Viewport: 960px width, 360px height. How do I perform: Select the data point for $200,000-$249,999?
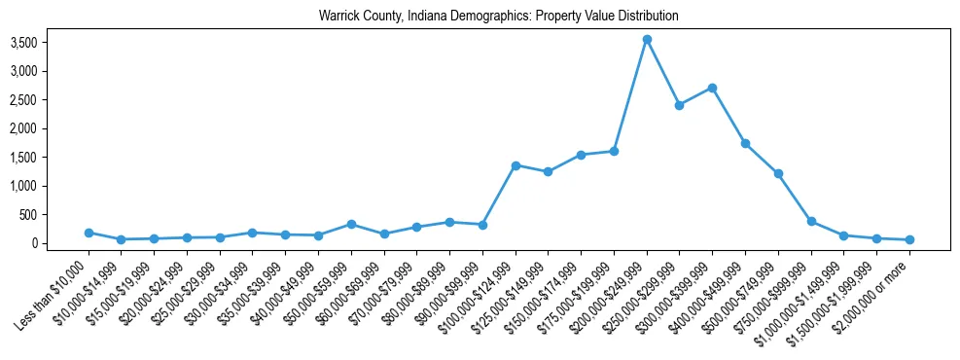click(x=647, y=39)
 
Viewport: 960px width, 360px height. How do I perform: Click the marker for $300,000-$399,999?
click(x=713, y=88)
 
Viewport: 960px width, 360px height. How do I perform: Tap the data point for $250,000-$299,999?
click(x=680, y=105)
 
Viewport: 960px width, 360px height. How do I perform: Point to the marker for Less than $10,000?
click(x=89, y=233)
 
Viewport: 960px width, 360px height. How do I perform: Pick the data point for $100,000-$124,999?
click(x=516, y=165)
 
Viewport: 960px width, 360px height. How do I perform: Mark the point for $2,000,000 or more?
click(x=909, y=239)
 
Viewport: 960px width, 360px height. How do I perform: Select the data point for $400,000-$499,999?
click(x=745, y=143)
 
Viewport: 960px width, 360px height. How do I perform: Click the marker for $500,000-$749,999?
click(x=778, y=173)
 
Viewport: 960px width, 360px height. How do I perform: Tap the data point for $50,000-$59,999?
click(x=351, y=224)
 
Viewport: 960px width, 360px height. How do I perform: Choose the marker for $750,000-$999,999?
click(x=811, y=221)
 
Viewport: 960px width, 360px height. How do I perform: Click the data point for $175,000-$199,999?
click(x=614, y=151)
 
